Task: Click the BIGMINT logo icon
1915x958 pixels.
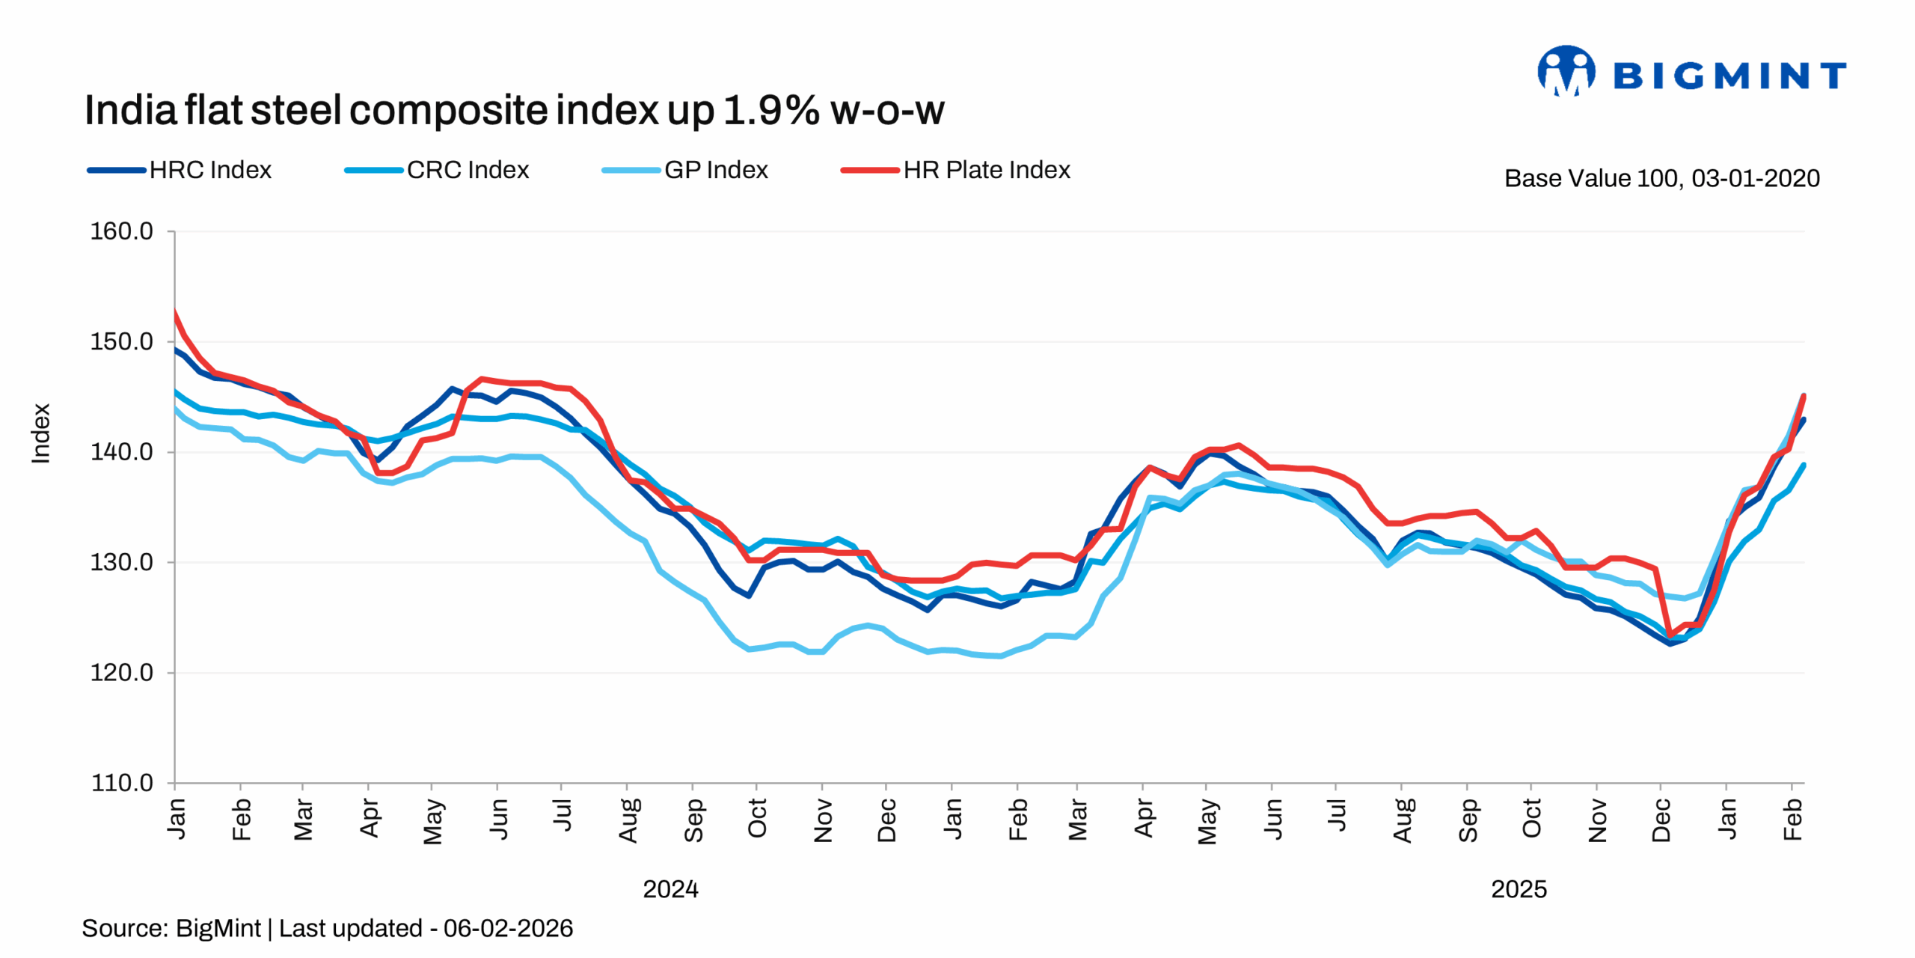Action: coord(1565,72)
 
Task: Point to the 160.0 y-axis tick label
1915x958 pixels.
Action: coord(121,231)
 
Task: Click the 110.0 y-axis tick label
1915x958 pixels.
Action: coord(121,783)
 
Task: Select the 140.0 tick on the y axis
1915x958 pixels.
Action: coord(121,452)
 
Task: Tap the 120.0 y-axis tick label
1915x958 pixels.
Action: coord(121,673)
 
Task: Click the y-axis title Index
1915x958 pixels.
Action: coord(40,433)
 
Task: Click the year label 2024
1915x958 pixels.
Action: coord(670,889)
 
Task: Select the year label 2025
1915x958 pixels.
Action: coord(1519,889)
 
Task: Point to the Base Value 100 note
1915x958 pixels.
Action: coord(1661,178)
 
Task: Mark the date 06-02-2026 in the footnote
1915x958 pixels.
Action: coord(508,928)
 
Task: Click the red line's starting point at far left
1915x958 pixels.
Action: coord(175,311)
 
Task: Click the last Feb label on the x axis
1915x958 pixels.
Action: coord(1792,819)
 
